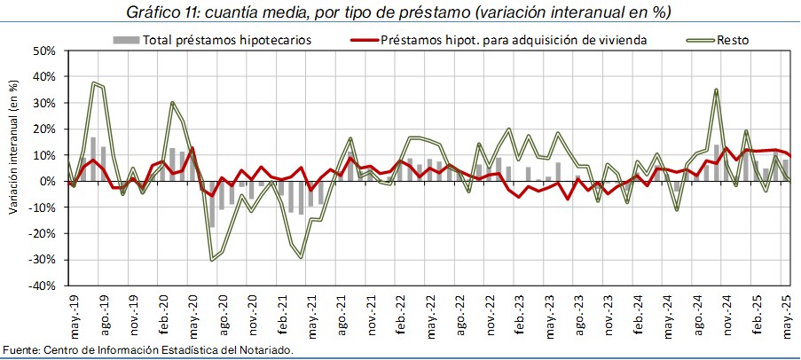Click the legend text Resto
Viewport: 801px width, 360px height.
coord(731,40)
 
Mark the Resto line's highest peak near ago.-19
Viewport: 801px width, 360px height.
coord(93,83)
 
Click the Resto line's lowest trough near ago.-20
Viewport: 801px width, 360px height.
coord(212,259)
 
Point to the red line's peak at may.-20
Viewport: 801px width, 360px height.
coord(192,148)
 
